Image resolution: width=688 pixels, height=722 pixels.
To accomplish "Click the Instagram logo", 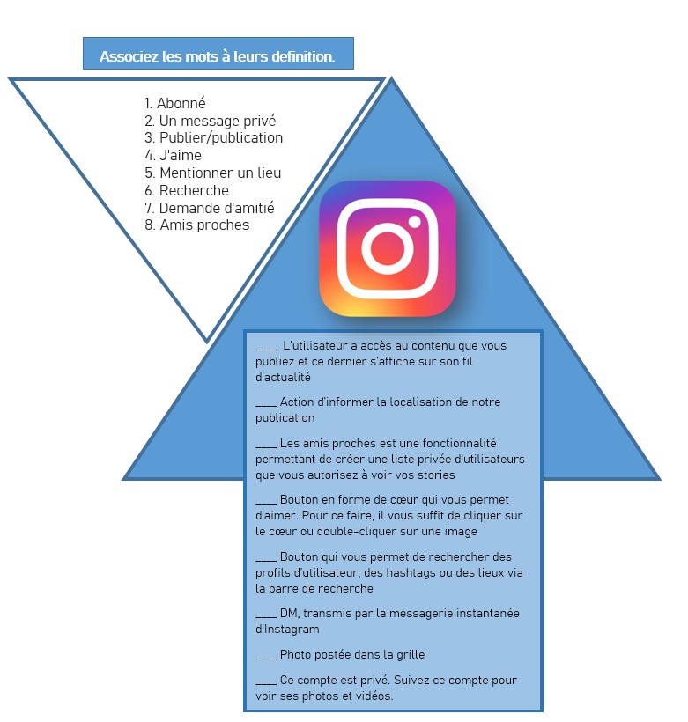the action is (387, 248).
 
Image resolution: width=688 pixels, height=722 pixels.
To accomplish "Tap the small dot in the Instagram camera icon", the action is (414, 222).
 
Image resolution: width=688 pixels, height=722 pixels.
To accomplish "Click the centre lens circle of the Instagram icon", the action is (387, 248).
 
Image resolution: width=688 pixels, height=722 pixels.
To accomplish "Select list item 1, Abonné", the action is (174, 103).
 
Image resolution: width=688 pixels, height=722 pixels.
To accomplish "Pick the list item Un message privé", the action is (211, 121).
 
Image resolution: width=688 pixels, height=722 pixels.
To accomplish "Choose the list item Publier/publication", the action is (213, 137).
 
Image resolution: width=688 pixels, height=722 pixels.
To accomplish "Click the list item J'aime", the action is (173, 155).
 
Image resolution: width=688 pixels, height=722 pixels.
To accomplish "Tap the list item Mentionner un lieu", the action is (212, 173).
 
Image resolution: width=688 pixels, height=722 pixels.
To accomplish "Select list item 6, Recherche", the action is (186, 190).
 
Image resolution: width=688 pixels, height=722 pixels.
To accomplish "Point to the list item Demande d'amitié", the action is (209, 208).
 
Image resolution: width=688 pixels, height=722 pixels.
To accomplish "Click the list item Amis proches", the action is (196, 225).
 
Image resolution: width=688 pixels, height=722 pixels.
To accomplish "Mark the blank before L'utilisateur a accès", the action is (266, 349).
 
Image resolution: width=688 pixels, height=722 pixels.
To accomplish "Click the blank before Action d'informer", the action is (266, 405).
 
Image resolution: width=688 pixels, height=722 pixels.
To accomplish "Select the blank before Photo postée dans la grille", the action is (266, 658).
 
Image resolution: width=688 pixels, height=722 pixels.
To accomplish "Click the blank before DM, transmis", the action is (266, 616).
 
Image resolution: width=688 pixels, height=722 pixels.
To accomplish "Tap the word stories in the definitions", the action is (436, 475).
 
